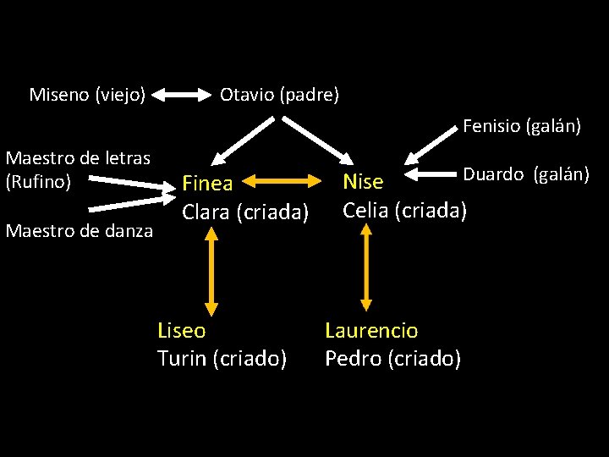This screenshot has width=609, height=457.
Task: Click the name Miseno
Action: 58,94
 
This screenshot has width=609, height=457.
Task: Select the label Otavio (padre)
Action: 279,95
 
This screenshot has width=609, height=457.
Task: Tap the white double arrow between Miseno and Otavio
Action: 182,96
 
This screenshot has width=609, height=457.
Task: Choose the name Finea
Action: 207,184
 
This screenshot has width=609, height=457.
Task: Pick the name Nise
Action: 363,182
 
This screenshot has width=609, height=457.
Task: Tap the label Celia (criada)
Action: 404,209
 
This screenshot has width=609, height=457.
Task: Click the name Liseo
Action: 182,330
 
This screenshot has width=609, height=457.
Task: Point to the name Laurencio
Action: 371,330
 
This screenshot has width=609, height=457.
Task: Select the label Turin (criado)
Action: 222,359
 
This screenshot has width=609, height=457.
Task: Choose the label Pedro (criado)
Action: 392,359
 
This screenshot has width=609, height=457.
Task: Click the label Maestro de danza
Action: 80,229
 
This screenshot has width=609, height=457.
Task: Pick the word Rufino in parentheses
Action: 38,181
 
